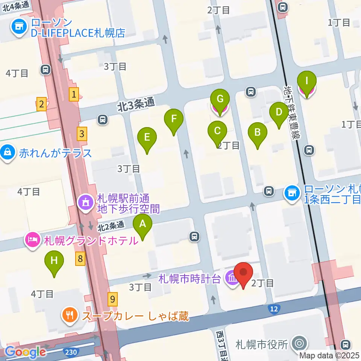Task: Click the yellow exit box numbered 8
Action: click(80, 258)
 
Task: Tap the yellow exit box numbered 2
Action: click(41, 104)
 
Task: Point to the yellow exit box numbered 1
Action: click(74, 94)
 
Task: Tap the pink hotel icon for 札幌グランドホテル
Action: click(33, 240)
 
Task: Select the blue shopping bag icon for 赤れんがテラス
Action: click(7, 153)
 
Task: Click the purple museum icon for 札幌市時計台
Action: click(231, 279)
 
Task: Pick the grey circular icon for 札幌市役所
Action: click(300, 343)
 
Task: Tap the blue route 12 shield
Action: click(274, 309)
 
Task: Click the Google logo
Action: click(26, 352)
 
